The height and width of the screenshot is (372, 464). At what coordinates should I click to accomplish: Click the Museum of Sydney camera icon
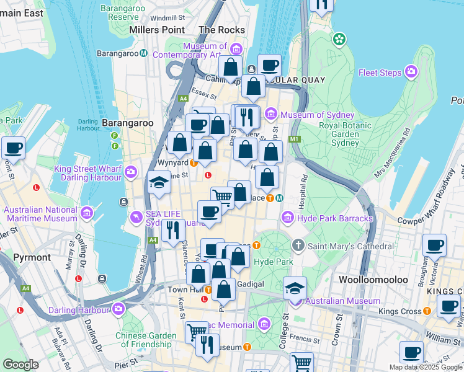point(271,115)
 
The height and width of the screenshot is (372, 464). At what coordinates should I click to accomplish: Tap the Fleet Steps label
point(380,73)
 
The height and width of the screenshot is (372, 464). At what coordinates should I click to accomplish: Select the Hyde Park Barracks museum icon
point(287,218)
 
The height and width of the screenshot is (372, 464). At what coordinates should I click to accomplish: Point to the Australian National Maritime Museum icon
point(86,214)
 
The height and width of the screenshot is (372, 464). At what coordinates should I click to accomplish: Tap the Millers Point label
point(157,30)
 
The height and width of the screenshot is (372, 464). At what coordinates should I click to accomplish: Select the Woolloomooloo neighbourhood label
point(373,280)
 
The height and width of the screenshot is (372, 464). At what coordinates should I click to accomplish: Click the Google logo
point(20,365)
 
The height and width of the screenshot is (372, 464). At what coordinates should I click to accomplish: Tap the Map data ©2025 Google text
point(426,367)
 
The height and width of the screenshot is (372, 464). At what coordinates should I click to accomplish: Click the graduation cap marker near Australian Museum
point(295,288)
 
